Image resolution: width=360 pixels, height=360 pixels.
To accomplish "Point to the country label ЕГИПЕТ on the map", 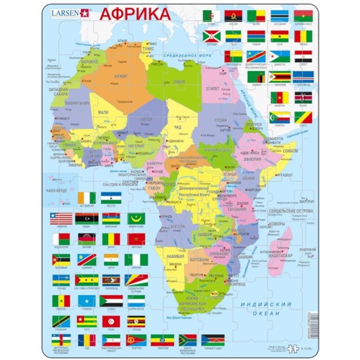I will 214,88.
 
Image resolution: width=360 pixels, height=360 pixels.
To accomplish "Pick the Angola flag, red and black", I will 232,16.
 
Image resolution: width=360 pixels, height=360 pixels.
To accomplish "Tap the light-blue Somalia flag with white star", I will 85,300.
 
